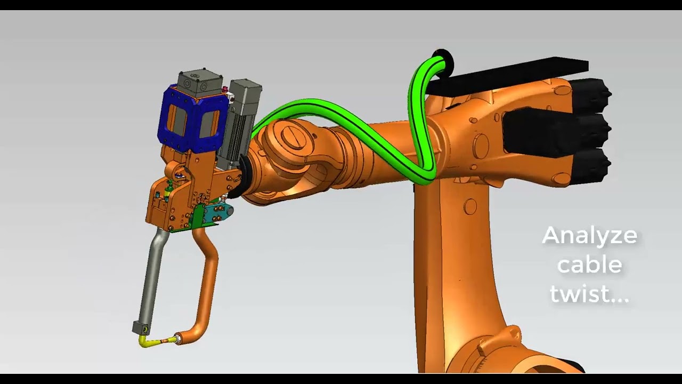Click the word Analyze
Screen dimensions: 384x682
pos(589,236)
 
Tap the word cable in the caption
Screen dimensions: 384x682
pos(589,265)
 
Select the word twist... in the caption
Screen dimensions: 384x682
pos(589,294)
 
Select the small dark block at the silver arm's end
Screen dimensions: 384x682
pos(140,326)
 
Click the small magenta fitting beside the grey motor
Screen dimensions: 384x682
pos(225,89)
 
